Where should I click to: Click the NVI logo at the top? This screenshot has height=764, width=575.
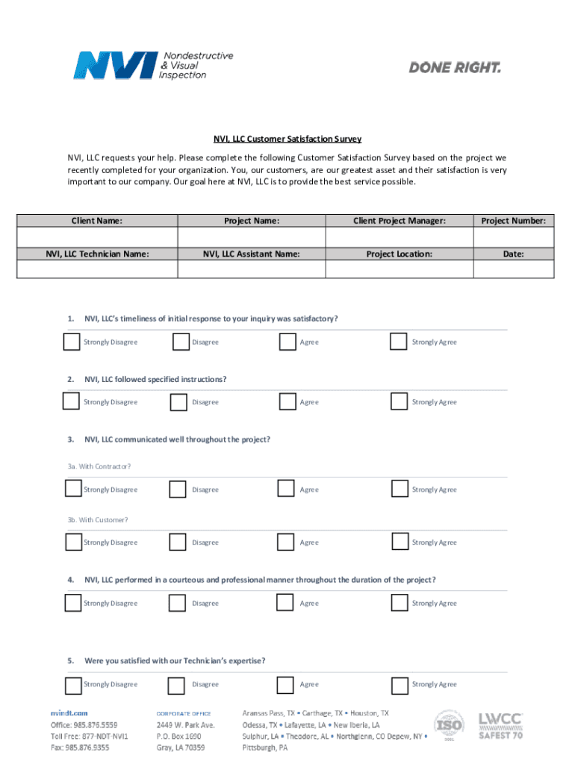pos(153,65)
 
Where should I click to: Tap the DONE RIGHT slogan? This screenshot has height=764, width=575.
pos(455,68)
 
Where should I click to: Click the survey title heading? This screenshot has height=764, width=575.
pos(287,139)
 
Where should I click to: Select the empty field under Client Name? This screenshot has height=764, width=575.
pos(97,237)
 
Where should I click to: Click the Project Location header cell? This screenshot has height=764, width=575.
pos(399,254)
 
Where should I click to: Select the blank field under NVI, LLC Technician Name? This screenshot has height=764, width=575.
pos(97,269)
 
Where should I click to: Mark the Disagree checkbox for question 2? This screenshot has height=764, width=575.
pos(178,402)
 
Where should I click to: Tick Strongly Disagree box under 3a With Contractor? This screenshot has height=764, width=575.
pos(72,489)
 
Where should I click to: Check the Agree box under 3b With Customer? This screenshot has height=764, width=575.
pos(285,542)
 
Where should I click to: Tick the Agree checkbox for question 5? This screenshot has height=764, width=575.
pos(285,685)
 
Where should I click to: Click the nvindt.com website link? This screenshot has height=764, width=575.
pos(69,713)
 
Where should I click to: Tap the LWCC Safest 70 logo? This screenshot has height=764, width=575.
pos(501,725)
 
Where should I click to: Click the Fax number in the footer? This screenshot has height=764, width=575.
pos(80,746)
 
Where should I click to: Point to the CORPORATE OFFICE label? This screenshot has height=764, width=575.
pos(184,714)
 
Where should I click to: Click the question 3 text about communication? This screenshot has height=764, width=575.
pos(177,439)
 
